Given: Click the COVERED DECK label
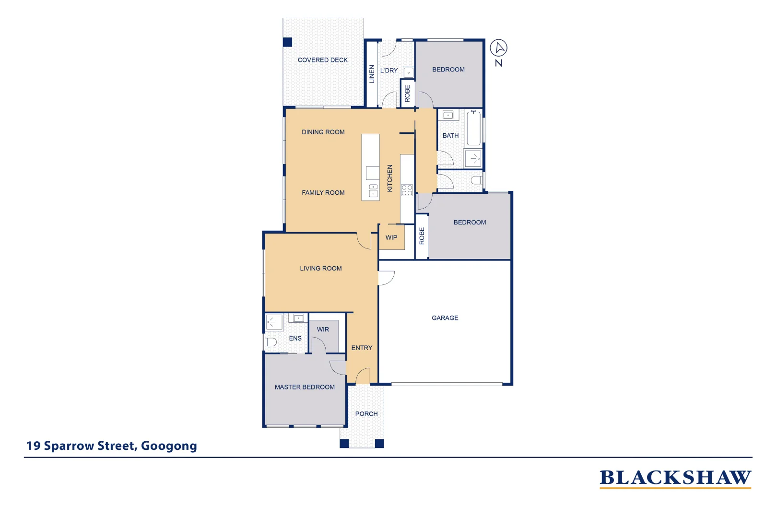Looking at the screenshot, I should (322, 60).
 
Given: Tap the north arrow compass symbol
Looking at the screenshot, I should (498, 48).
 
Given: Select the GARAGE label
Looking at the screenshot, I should (445, 318).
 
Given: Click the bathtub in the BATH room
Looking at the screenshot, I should (473, 128).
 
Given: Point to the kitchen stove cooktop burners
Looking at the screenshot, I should (407, 190).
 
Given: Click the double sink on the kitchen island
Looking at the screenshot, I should (373, 190).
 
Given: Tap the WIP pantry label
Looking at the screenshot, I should (391, 237).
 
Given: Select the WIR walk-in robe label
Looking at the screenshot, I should (323, 330).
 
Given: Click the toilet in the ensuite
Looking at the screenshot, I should (271, 342).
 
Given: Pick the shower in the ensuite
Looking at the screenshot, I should (274, 322).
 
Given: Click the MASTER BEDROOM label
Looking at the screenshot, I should (305, 387).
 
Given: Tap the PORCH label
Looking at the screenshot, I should (366, 414).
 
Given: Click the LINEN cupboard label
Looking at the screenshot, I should (372, 74).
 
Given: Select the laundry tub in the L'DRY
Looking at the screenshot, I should (408, 73).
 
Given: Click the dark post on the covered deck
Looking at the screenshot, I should (287, 42).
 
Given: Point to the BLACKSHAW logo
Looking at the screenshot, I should (675, 478).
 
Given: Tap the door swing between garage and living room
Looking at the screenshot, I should (386, 278).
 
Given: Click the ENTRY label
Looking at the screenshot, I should (362, 348).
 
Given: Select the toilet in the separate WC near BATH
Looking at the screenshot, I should (476, 180).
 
